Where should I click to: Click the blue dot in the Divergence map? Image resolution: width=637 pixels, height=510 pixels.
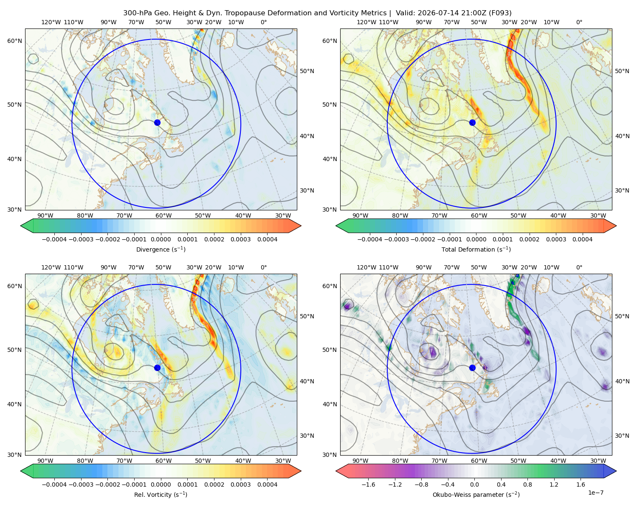[x=157, y=123]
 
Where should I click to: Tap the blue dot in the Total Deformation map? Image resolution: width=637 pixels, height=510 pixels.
[x=472, y=123]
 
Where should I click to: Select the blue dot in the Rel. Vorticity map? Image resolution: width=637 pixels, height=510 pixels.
[x=157, y=368]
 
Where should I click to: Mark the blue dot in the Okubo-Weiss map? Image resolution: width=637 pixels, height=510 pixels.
[x=472, y=368]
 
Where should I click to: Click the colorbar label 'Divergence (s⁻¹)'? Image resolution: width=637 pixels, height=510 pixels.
[x=161, y=249]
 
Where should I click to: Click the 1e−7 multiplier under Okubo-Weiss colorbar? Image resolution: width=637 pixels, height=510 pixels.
[x=595, y=493]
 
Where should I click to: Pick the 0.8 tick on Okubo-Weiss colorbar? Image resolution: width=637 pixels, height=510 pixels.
[x=527, y=484]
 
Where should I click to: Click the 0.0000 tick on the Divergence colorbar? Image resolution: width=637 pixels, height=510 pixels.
[x=161, y=239]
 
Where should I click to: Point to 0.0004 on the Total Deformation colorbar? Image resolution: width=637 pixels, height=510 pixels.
[x=582, y=239]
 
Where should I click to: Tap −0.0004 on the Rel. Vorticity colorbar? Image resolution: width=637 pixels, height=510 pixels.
[x=54, y=484]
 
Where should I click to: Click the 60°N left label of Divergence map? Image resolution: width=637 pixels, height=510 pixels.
[x=14, y=41]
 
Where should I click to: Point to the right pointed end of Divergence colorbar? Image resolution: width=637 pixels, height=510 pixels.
[x=301, y=226]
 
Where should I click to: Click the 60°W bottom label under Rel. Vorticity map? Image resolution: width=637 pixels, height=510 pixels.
[x=163, y=461]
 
